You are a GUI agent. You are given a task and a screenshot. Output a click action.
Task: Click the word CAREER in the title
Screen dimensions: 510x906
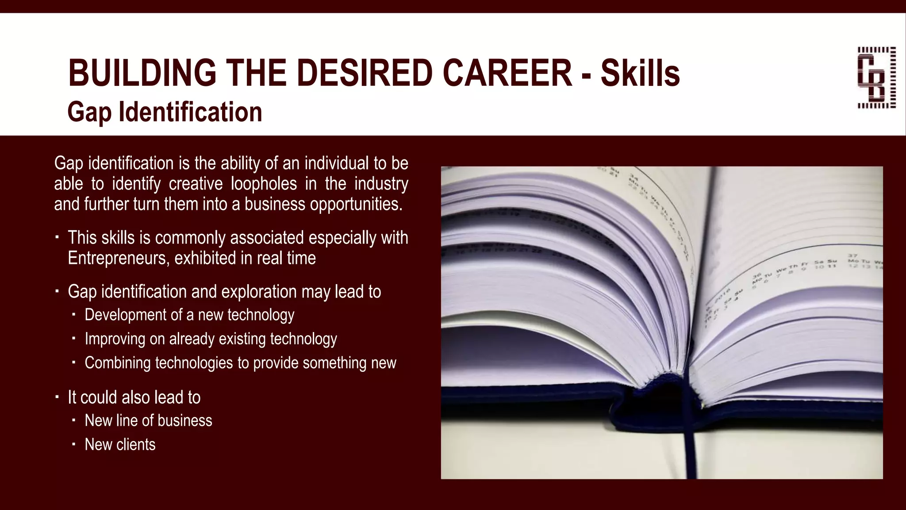click(x=507, y=73)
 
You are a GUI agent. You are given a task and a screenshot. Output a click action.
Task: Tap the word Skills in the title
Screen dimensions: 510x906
click(x=640, y=73)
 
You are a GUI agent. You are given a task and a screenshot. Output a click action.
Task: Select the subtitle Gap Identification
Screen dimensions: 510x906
click(x=165, y=112)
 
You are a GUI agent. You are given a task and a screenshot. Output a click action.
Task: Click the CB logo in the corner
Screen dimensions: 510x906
click(x=876, y=77)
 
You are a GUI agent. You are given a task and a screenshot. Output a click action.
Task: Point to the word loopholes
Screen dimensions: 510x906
click(x=264, y=184)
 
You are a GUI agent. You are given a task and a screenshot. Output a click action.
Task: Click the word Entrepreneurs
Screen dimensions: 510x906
click(x=118, y=258)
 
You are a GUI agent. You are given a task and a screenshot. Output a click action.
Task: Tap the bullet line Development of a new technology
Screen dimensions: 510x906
click(x=189, y=315)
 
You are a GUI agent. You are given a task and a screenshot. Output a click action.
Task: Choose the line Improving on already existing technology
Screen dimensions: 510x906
click(x=211, y=339)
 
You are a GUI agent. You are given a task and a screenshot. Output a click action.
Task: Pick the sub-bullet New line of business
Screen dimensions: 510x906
click(x=148, y=421)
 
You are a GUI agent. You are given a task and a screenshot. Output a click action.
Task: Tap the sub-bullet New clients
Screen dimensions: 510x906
click(x=120, y=444)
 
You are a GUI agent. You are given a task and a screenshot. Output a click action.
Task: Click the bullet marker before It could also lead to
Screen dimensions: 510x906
click(x=57, y=397)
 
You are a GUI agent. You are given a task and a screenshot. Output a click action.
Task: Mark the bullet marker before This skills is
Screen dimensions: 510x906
click(x=57, y=238)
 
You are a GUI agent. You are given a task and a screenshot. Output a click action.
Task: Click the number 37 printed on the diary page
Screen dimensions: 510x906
click(x=852, y=255)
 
